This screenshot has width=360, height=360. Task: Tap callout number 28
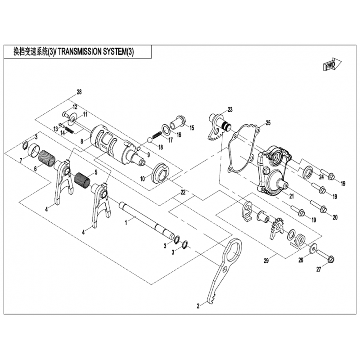pos(79,92)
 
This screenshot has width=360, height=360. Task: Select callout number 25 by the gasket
pos(268,122)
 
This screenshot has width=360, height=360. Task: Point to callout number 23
pos(230,109)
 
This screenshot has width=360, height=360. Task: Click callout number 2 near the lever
pos(198,306)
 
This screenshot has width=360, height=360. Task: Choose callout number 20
pos(335,217)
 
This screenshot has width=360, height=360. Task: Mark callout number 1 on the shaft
pos(127,221)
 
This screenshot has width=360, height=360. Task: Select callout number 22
pos(183,192)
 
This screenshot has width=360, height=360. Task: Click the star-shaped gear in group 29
pos(275,227)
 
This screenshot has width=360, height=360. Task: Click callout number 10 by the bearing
pos(142,178)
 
